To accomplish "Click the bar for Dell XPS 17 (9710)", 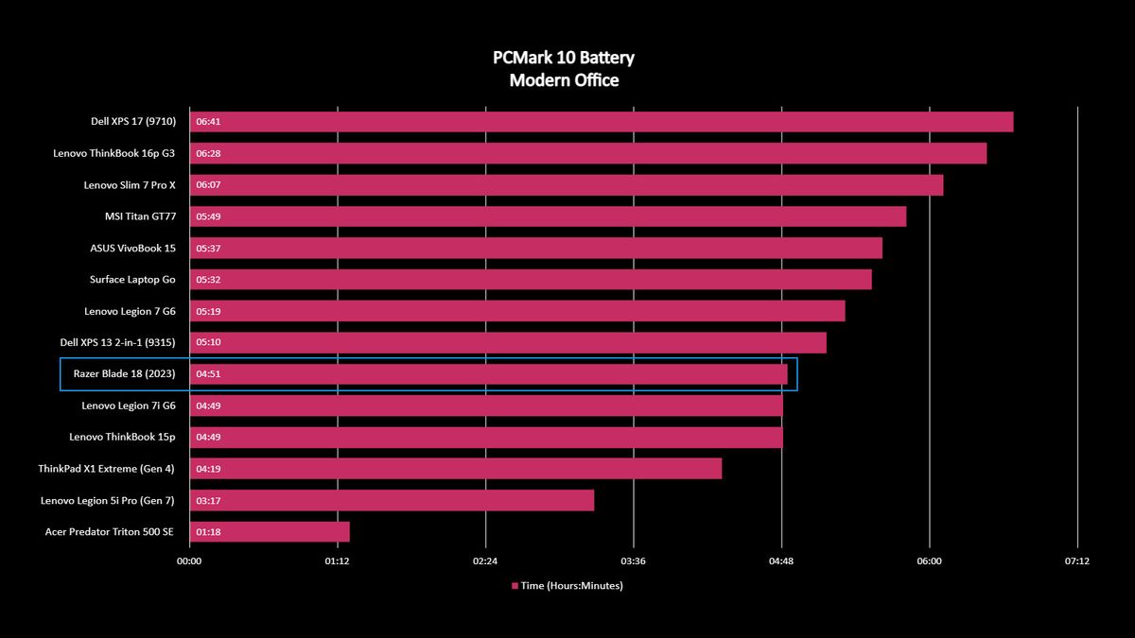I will [x=602, y=122].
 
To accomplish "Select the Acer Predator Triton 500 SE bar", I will [x=270, y=532].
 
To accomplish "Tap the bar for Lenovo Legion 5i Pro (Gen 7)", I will [x=392, y=500].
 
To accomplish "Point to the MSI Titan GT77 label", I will [x=140, y=216].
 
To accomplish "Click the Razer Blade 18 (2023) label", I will [x=124, y=374].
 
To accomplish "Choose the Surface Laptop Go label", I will [x=132, y=280].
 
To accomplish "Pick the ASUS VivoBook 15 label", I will [x=132, y=248].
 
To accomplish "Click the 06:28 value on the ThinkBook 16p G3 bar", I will [x=207, y=153].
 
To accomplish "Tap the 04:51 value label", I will [x=207, y=374].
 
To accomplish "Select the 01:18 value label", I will [x=207, y=532].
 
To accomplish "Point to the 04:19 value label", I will [x=207, y=469].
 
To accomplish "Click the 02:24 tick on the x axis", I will [x=485, y=561].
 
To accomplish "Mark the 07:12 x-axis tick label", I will [x=1077, y=561].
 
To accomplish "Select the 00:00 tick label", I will [x=189, y=561].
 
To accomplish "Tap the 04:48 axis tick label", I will [x=781, y=561].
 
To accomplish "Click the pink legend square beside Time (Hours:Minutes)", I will [x=515, y=586].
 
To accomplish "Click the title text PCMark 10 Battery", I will [x=564, y=58].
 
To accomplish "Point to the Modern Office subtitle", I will [x=564, y=80].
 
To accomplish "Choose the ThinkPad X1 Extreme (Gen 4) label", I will [x=107, y=469].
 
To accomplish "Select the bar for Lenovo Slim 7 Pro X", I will [x=567, y=185].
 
